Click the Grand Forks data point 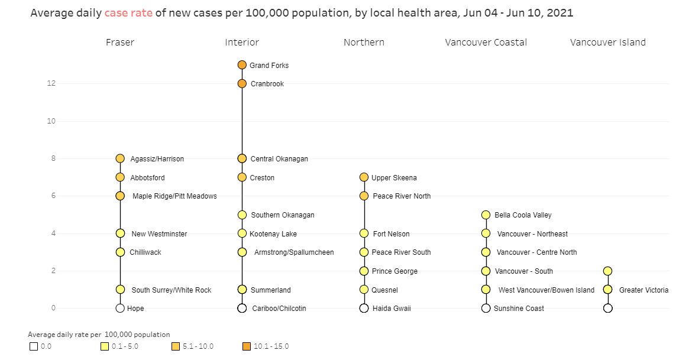(x=242, y=65)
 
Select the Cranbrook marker (x=242, y=83)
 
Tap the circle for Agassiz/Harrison (x=120, y=158)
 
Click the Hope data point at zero (x=120, y=308)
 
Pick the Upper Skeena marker (x=364, y=177)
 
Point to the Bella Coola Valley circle (x=486, y=215)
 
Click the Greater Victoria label (x=643, y=290)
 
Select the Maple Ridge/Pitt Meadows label (x=174, y=196)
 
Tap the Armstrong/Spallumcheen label (x=294, y=252)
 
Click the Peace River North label (x=401, y=196)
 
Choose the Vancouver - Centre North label (x=536, y=252)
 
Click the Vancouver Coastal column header (x=486, y=43)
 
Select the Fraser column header (x=120, y=43)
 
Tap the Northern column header (x=364, y=43)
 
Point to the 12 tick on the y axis (x=51, y=83)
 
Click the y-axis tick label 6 (x=53, y=196)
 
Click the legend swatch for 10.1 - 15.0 (x=247, y=347)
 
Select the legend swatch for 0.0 (x=34, y=347)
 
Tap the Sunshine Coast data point (x=486, y=308)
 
